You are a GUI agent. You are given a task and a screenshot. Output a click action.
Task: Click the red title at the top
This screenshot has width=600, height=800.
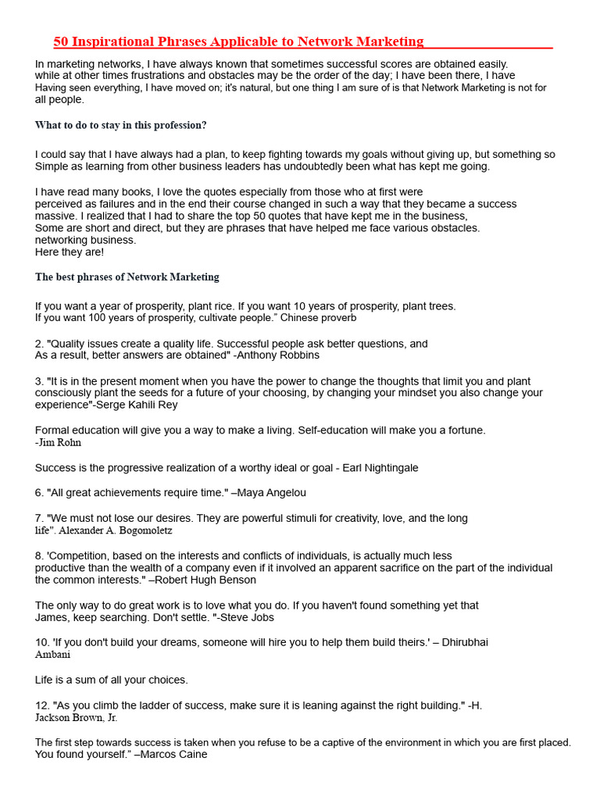[238, 42]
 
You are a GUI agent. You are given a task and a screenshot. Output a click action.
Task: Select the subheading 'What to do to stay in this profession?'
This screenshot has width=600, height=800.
[121, 125]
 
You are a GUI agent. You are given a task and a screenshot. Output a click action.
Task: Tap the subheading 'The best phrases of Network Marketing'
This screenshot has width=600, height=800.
[127, 277]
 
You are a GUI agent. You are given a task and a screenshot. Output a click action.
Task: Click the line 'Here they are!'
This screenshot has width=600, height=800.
[70, 252]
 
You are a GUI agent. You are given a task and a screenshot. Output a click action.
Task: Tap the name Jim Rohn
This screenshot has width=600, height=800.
[59, 442]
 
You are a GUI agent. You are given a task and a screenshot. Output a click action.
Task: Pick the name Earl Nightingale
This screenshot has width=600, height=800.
[380, 468]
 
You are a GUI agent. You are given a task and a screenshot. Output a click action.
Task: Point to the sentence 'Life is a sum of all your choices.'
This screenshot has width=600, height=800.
[112, 680]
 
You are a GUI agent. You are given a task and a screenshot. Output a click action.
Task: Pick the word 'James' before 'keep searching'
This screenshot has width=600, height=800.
[51, 618]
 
